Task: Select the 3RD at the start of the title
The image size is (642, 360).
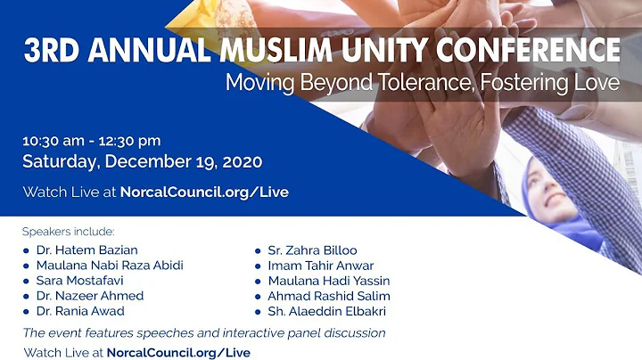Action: [53, 52]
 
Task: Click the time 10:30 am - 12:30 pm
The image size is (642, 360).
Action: [92, 141]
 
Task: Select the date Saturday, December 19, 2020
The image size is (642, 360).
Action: [142, 162]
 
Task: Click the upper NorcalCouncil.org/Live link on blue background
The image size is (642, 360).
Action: [206, 192]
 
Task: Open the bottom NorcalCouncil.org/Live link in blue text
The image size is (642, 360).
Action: [178, 352]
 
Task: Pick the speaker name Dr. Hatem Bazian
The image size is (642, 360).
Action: [86, 250]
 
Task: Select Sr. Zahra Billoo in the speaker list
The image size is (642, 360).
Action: [312, 250]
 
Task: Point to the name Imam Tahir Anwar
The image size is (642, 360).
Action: [320, 266]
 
